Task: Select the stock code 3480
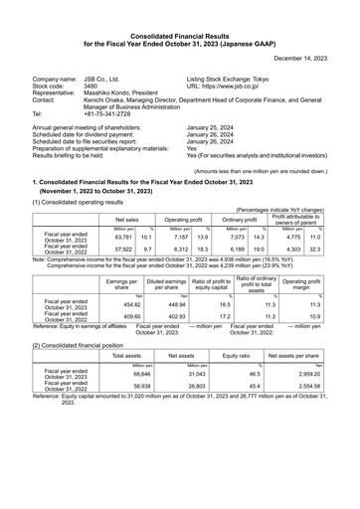tap(90, 85)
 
